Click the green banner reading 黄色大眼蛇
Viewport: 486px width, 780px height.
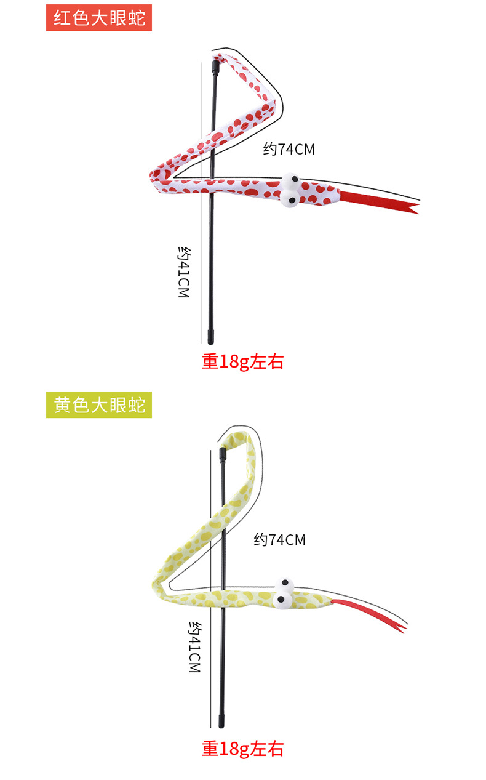pos(99,405)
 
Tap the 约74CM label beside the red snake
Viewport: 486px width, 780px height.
pos(289,149)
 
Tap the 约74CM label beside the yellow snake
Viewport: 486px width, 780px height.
pos(280,540)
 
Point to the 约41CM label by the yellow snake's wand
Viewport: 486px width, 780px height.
pos(195,646)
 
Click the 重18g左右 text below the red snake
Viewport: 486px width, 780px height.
pos(242,361)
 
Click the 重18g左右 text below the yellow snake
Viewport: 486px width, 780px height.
pos(242,749)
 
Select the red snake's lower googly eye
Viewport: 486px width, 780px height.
pos(290,198)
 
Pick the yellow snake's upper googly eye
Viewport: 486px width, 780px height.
pos(285,584)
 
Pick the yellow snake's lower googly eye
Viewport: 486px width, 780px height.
pos(282,599)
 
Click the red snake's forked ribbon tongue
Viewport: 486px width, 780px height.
pos(378,202)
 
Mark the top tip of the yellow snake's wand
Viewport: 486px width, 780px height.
pos(221,454)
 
